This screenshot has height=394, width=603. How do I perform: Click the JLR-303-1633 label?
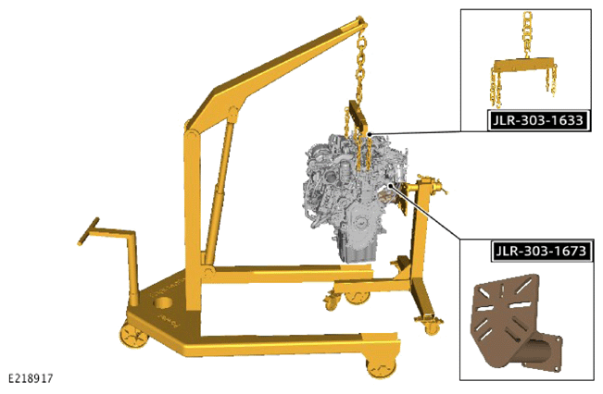pyautogui.click(x=538, y=120)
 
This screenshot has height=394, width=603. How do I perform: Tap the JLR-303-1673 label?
pyautogui.click(x=541, y=252)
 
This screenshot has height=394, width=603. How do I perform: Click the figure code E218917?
pyautogui.click(x=31, y=378)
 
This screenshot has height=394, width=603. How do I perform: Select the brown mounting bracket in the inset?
pyautogui.click(x=515, y=323)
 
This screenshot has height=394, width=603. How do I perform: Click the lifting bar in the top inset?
pyautogui.click(x=524, y=65)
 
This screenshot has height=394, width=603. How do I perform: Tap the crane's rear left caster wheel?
pyautogui.click(x=133, y=335)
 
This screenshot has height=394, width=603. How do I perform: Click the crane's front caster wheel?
pyautogui.click(x=382, y=367)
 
